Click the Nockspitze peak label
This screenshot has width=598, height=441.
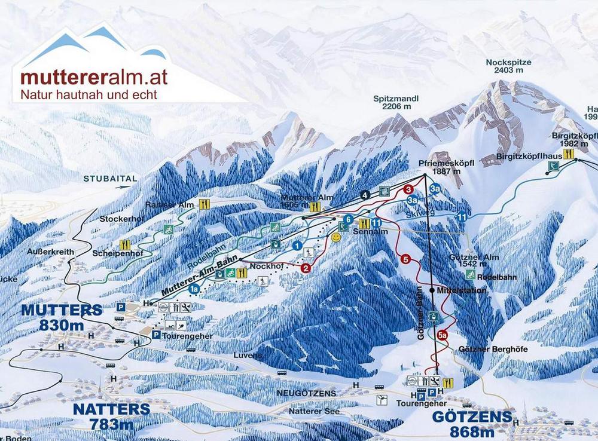coord(508,66)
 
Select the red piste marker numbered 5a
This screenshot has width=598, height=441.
coord(443,335)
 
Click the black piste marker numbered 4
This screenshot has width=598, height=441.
coord(364,194)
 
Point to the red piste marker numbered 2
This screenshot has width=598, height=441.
coord(306,268)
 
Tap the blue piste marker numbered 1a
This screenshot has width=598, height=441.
coord(194,289)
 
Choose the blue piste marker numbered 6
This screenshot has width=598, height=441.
coord(347,219)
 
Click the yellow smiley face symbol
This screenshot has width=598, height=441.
coord(337,237)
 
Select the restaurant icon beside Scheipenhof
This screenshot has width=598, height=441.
coord(125,244)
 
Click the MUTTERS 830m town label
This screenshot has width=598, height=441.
coord(62,317)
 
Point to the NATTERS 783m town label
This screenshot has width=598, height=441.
coord(111,416)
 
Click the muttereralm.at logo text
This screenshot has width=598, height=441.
coord(93,77)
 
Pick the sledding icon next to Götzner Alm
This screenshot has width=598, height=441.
coord(471,274)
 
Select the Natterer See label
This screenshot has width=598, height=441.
coord(314,411)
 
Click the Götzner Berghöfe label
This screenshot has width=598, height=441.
coord(493,350)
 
